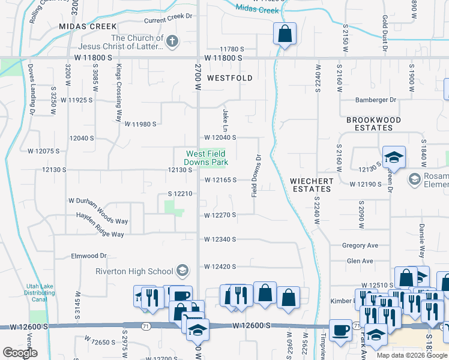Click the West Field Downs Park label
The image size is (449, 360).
206,158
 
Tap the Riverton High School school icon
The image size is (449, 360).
182,272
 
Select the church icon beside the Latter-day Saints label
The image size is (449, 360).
172,41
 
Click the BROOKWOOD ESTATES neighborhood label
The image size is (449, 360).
373,124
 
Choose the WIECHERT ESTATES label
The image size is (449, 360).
311,184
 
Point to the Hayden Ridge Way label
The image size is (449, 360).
100,234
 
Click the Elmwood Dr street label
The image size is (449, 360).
89,256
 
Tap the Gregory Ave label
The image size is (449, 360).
360,245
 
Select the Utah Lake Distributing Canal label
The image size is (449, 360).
41,293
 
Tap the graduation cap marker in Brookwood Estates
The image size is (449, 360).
394,157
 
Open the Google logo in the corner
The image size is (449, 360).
20,353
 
